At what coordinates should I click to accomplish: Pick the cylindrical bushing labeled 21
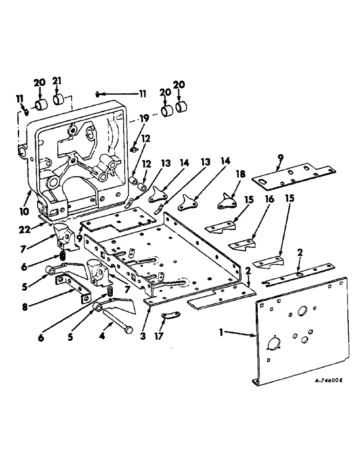pos(59,100)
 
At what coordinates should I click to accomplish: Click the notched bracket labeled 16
pos(243,244)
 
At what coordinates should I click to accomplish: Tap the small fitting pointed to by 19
pos(132,149)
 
